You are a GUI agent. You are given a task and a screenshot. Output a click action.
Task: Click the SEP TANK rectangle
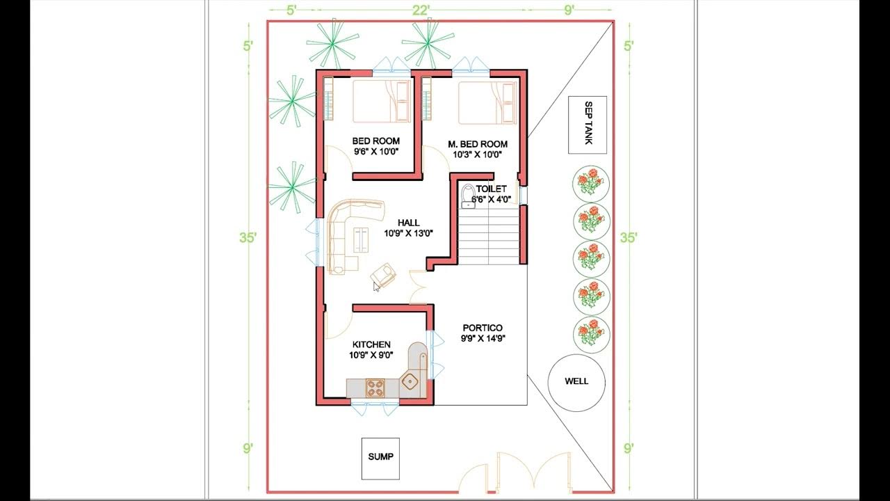(587, 125)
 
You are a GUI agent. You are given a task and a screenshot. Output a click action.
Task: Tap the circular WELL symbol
(576, 381)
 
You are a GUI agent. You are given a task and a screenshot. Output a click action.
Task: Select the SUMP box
(380, 457)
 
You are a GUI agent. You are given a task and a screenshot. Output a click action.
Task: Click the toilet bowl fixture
(468, 196)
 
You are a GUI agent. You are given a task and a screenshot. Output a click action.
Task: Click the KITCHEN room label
(371, 344)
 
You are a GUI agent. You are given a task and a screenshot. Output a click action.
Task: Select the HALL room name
(408, 223)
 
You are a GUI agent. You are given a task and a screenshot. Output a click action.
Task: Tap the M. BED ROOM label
(477, 144)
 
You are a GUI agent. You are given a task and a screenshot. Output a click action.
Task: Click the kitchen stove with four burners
(375, 388)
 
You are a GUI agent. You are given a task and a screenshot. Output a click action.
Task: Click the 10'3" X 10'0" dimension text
(477, 154)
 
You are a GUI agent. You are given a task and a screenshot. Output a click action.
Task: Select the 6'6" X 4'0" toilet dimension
(492, 199)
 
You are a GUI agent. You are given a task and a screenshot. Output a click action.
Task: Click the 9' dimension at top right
(569, 9)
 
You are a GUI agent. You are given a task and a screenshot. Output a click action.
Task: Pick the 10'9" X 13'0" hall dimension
(408, 234)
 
